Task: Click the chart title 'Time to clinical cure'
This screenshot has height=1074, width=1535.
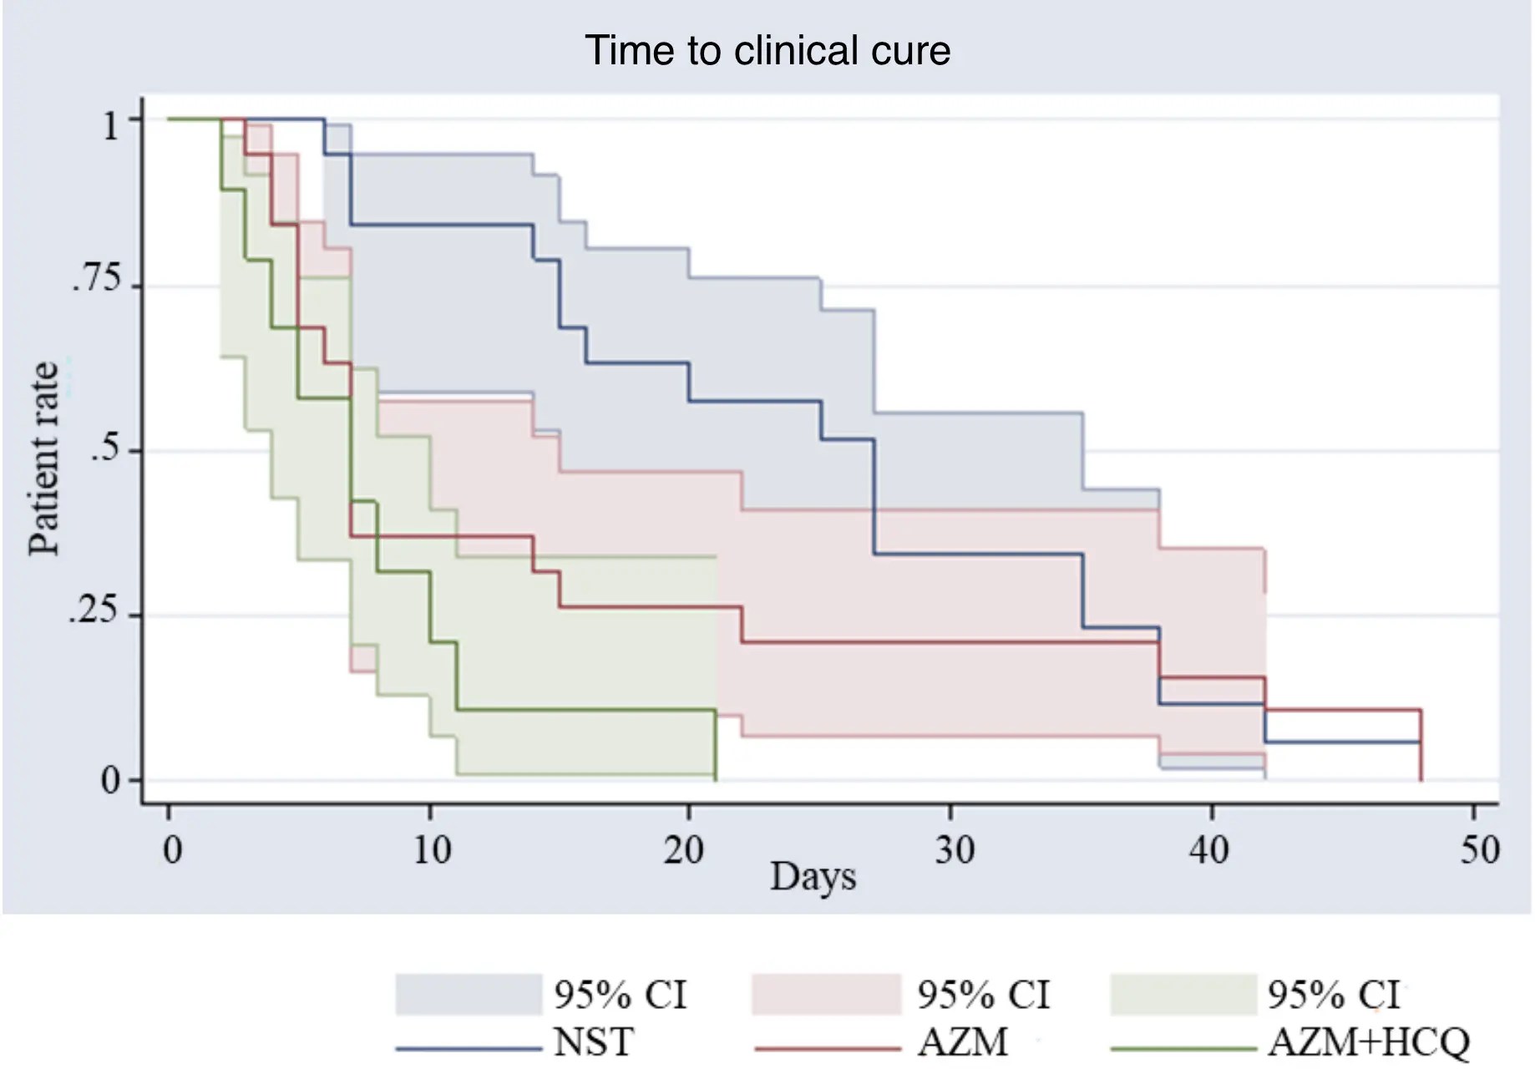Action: pos(767,51)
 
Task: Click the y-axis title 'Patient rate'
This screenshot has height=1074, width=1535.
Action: pos(43,458)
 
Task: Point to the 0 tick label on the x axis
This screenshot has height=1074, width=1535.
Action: pos(172,850)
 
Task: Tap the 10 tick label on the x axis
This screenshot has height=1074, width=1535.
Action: pos(432,850)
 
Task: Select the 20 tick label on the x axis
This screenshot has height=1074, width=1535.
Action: pos(684,850)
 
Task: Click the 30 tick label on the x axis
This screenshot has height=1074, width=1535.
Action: pos(954,850)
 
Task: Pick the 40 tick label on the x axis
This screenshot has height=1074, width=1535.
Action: pos(1208,850)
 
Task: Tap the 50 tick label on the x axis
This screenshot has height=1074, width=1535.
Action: pos(1479,850)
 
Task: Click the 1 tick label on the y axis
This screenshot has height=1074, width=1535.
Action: pos(111,126)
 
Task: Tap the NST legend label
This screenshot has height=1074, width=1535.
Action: pos(594,1042)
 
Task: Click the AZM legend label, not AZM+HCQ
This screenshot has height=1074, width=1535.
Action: pos(962,1042)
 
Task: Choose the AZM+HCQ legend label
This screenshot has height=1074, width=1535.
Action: pos(1368,1042)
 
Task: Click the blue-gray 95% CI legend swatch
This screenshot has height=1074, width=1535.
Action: pos(469,995)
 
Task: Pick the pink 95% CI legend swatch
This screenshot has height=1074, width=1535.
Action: pos(826,995)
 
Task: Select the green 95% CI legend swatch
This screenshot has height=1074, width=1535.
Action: pos(1183,995)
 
